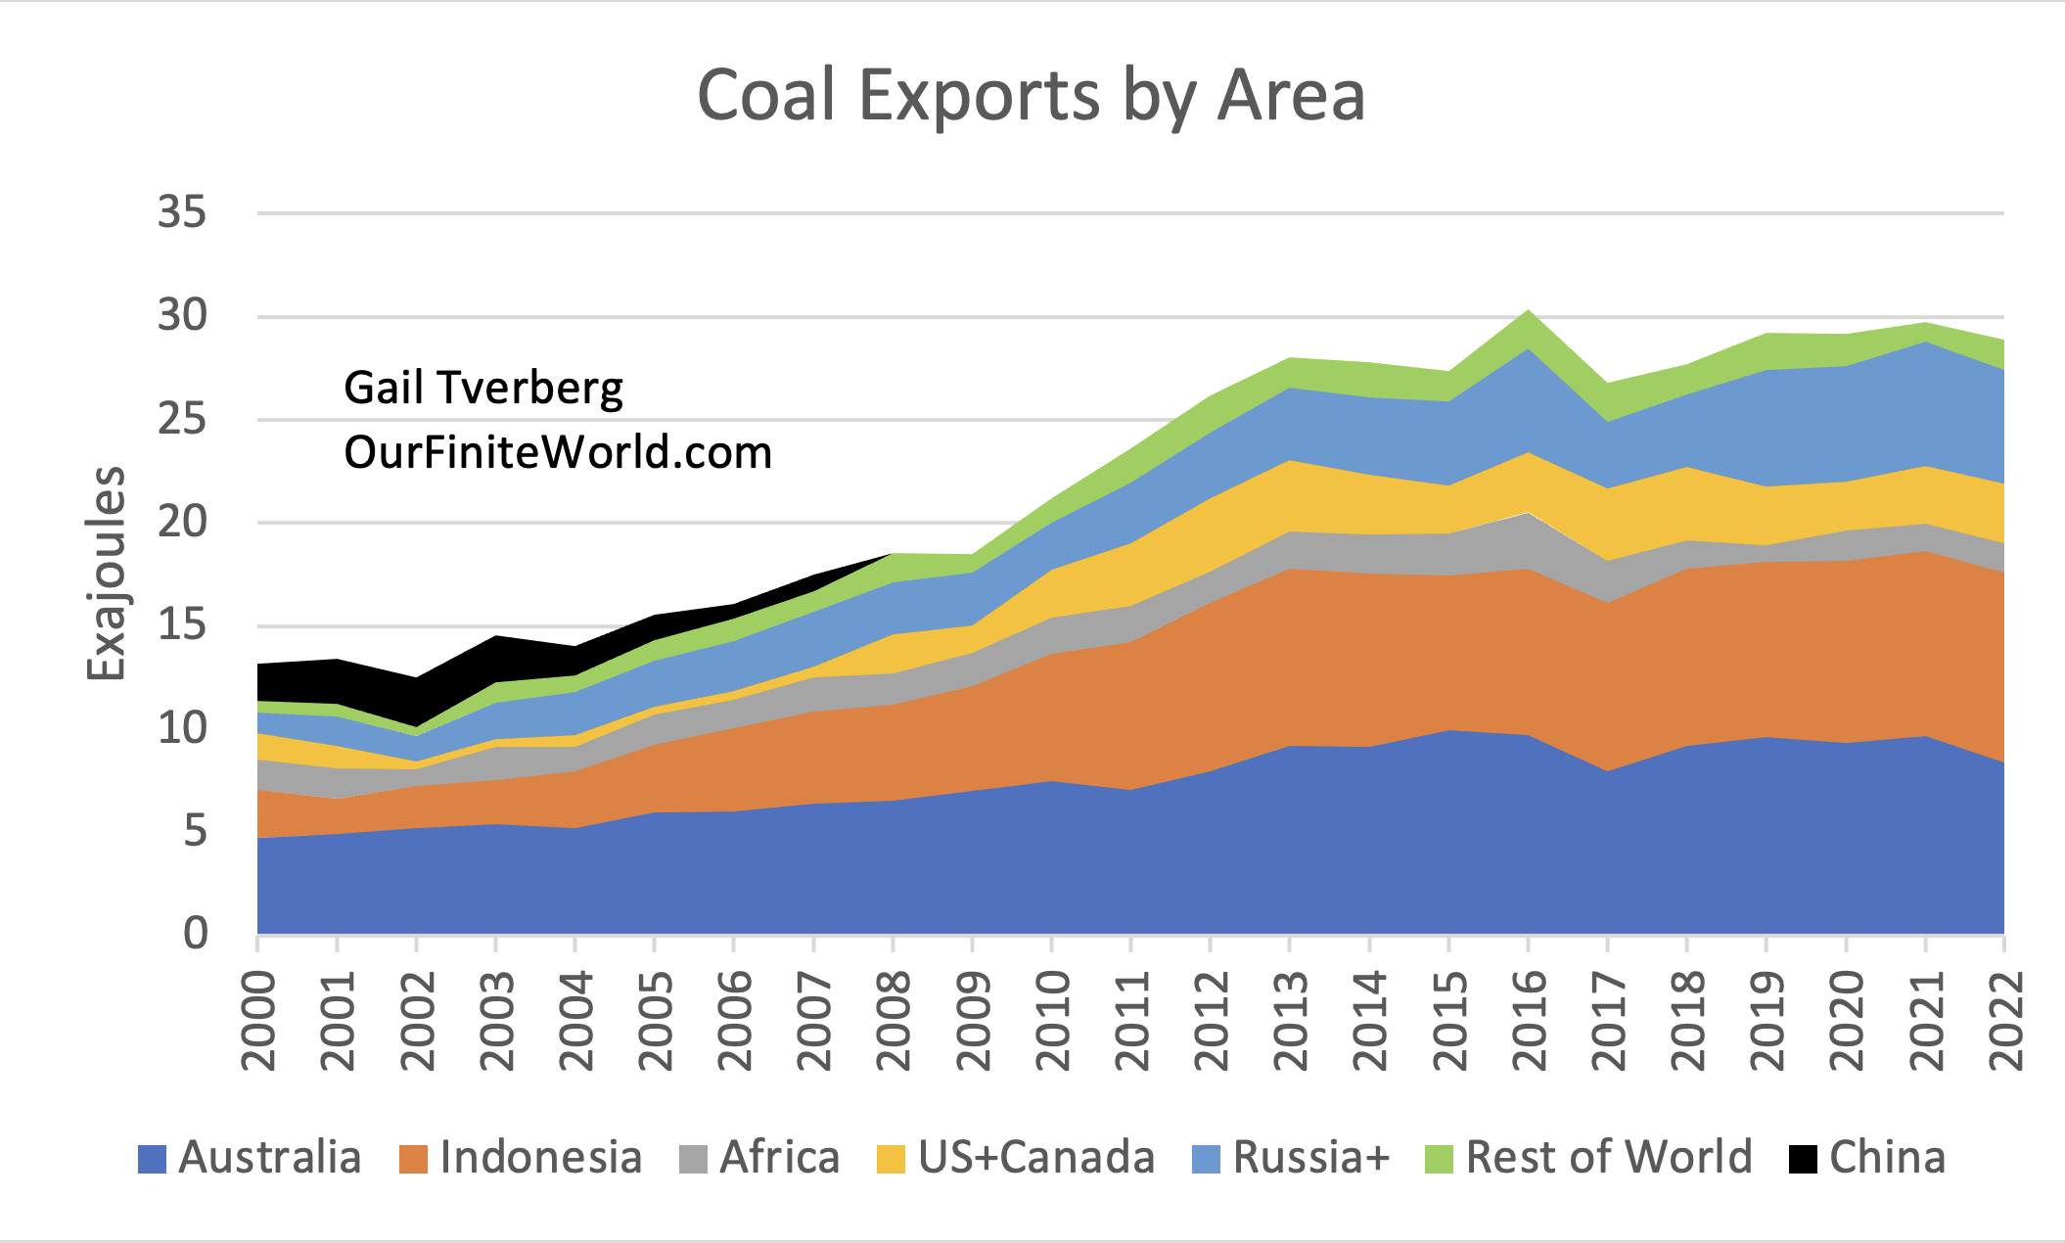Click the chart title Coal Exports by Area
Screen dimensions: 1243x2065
1031,96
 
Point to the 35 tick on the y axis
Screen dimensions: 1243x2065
182,212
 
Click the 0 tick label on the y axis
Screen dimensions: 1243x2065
196,933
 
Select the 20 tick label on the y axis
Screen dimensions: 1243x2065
182,522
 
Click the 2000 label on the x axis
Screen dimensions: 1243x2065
258,1020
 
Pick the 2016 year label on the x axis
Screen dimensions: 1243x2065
1529,1020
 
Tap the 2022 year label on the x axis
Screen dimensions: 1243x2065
2005,1020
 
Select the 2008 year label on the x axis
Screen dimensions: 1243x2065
894,1020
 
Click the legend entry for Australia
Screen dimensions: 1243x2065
251,1158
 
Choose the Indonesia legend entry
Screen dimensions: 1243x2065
522,1158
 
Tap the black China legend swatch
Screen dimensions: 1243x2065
1803,1159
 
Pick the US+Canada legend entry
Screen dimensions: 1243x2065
1017,1158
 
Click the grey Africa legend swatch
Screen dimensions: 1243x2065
693,1159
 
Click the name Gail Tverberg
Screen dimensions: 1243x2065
483,388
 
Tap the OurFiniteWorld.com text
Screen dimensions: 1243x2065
558,452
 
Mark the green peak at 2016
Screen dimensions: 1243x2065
1528,329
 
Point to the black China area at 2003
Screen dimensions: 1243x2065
496,659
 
